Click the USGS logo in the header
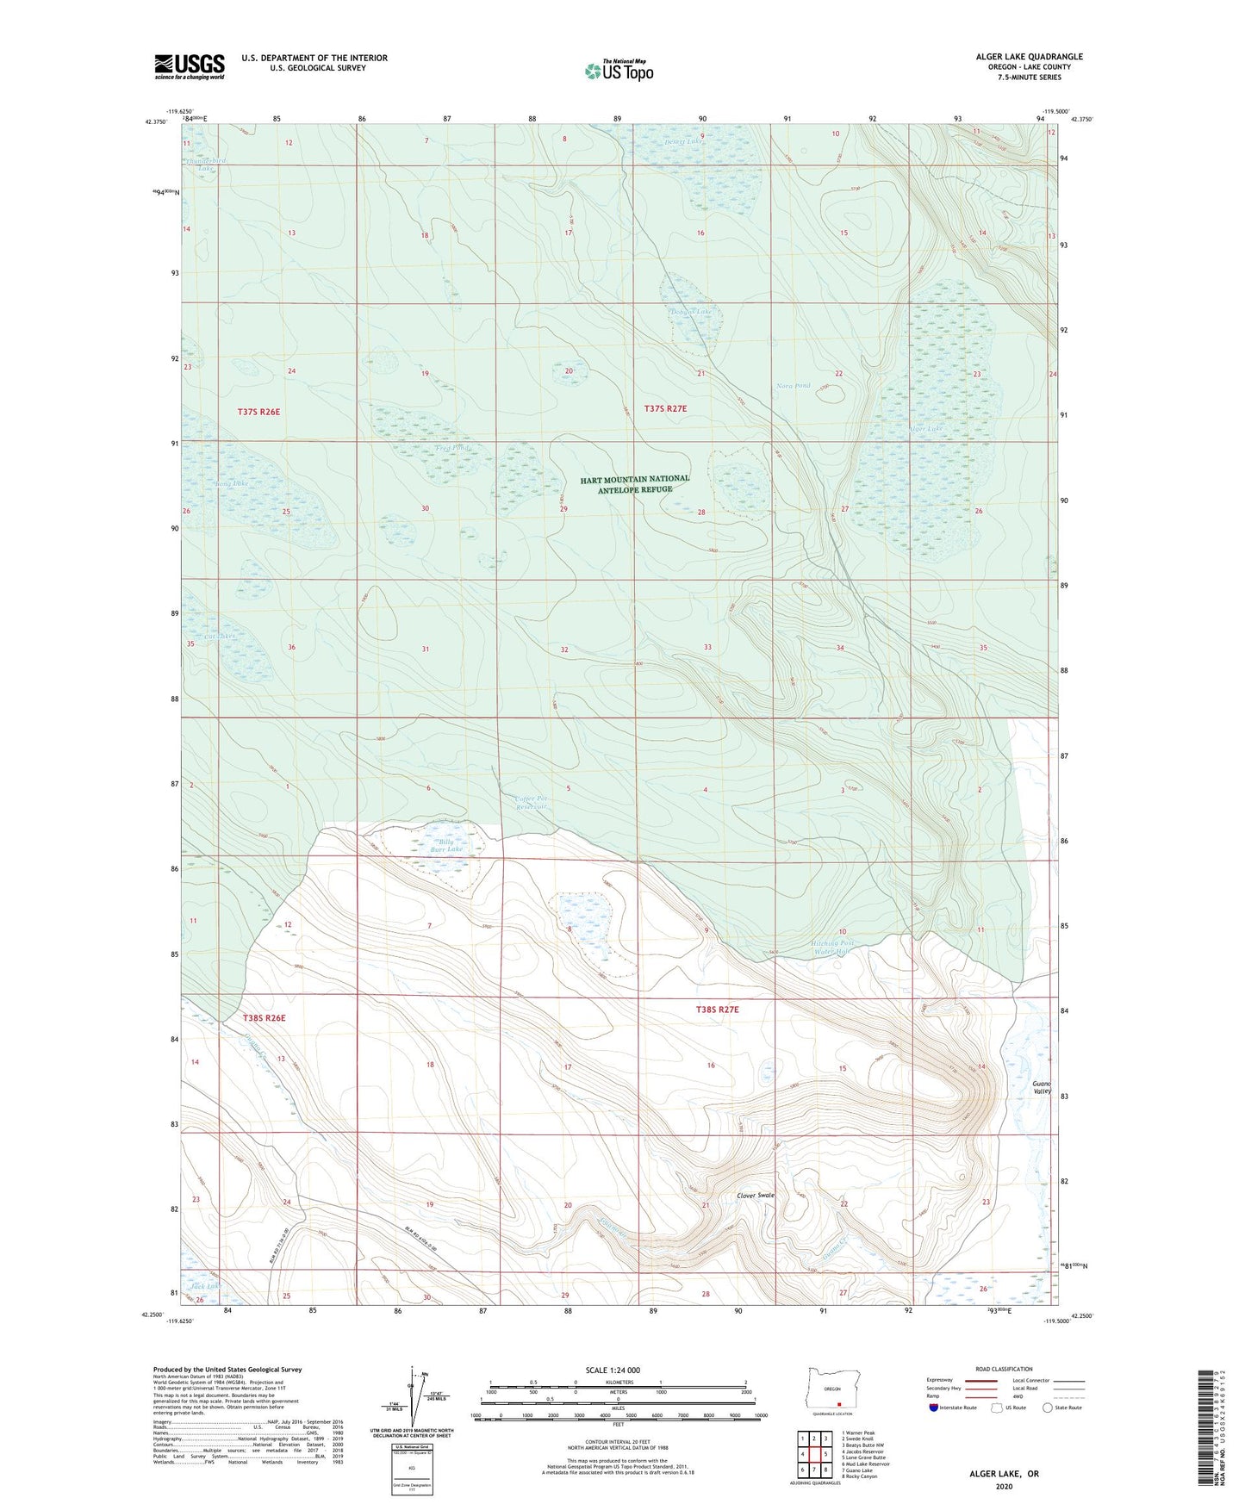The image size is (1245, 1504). pos(190,66)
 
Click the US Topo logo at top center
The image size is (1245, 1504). pos(619,71)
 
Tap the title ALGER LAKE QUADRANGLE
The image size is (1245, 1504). pos(1029,57)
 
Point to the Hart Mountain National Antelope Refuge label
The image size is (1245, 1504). pos(635,484)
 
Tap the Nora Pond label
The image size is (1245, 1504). pos(793,386)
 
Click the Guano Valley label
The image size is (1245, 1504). pos(1043,1088)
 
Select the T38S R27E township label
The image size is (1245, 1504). pos(718,1009)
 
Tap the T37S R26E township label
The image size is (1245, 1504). pos(259,412)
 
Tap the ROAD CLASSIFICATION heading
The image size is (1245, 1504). pos(1003,1369)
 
